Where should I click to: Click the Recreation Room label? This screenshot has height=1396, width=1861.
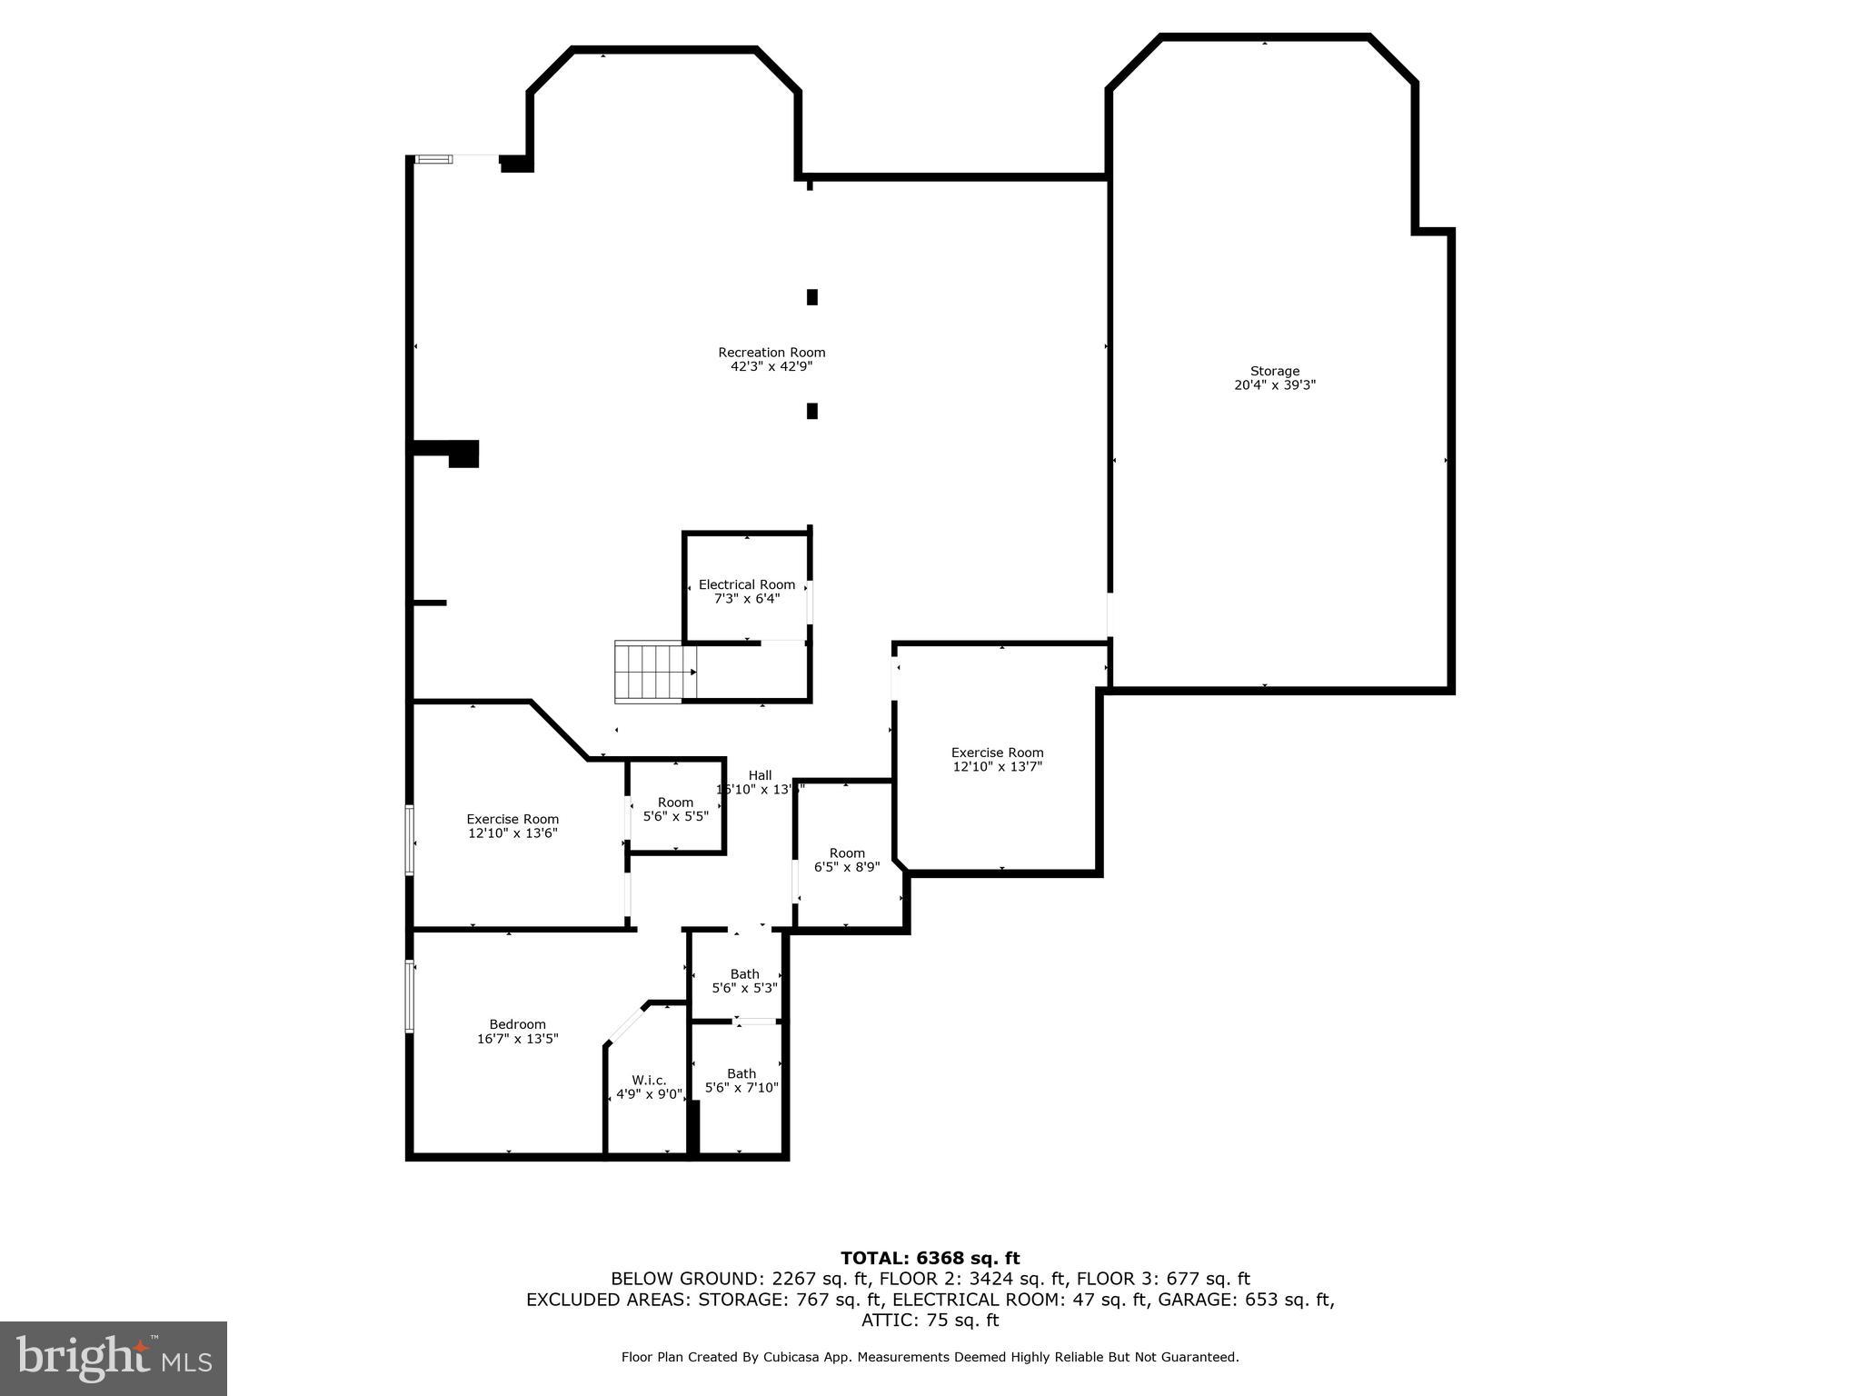pyautogui.click(x=771, y=353)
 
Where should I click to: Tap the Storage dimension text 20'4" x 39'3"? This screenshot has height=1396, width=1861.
pyautogui.click(x=1274, y=385)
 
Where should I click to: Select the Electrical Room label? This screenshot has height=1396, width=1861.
pyautogui.click(x=746, y=585)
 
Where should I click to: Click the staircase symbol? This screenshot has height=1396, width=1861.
pyautogui.click(x=654, y=672)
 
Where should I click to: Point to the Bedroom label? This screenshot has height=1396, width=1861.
pyautogui.click(x=517, y=1024)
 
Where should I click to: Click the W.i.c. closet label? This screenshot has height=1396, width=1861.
pyautogui.click(x=649, y=1081)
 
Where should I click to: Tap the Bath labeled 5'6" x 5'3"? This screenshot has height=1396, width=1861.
pyautogui.click(x=744, y=981)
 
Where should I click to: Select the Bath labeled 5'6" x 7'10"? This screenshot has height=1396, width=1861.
pyautogui.click(x=741, y=1081)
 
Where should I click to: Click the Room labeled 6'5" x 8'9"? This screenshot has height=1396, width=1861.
pyautogui.click(x=847, y=860)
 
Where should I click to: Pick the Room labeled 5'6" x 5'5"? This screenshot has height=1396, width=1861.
pyautogui.click(x=675, y=809)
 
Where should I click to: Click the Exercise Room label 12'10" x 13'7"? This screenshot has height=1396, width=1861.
pyautogui.click(x=997, y=759)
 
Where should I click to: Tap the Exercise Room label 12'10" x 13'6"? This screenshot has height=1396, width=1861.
pyautogui.click(x=513, y=826)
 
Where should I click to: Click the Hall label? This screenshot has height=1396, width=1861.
pyautogui.click(x=760, y=775)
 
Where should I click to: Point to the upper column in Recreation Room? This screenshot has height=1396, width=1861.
pyautogui.click(x=812, y=297)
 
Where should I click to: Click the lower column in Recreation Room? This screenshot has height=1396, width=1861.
pyautogui.click(x=812, y=411)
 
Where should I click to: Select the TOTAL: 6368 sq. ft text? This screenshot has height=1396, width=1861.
pyautogui.click(x=930, y=1259)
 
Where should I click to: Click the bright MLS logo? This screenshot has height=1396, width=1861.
pyautogui.click(x=114, y=1359)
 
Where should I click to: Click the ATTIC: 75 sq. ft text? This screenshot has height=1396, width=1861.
pyautogui.click(x=930, y=1321)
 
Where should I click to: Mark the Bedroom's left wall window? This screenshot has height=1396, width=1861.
pyautogui.click(x=410, y=996)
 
